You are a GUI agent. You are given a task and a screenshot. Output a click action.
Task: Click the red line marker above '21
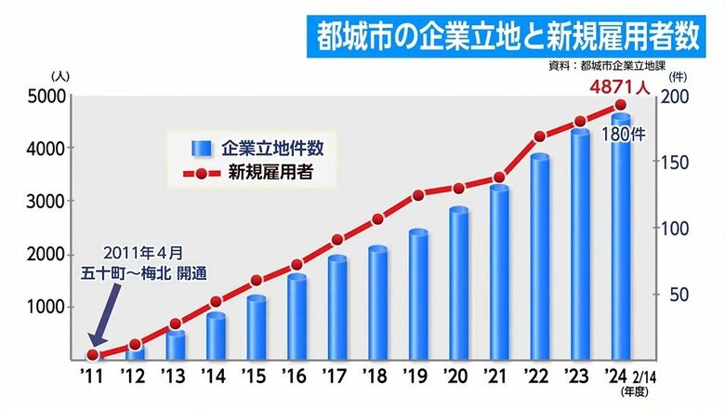tap(499, 178)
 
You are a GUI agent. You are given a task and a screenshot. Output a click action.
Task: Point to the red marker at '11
tap(93, 354)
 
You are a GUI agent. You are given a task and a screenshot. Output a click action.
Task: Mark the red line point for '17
tap(337, 240)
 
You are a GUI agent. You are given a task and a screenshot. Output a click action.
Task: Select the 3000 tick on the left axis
tap(44, 201)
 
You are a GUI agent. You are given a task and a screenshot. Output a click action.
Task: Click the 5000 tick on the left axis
tap(44, 96)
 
